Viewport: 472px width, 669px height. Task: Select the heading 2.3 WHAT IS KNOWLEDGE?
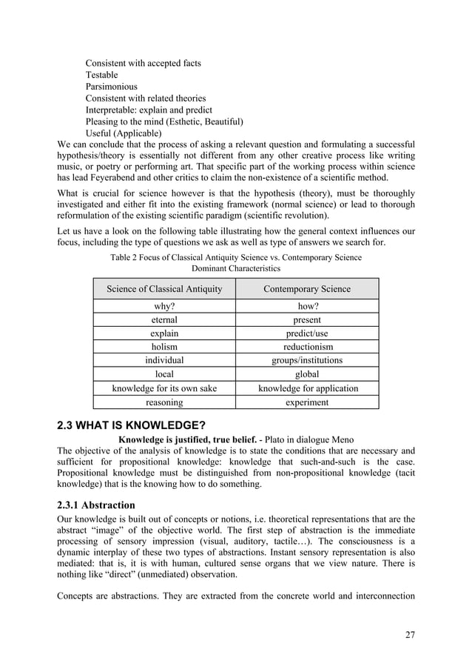pos(132,425)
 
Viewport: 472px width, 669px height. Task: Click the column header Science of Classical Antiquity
pos(164,289)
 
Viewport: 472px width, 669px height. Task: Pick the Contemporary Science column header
pos(307,289)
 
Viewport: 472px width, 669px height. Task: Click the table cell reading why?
pos(164,306)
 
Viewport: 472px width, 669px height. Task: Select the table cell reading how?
pos(307,306)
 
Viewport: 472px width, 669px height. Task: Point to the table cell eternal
pos(164,320)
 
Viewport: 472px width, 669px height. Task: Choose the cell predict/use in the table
pos(307,333)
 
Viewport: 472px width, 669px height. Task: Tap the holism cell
pos(164,347)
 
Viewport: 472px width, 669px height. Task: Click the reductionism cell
pos(307,347)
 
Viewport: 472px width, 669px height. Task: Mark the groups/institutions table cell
pos(307,361)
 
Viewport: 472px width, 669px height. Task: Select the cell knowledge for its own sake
pos(164,388)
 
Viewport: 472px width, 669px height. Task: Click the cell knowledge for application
pos(307,388)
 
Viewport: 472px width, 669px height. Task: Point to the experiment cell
pos(307,402)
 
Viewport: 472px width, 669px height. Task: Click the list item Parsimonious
pos(111,87)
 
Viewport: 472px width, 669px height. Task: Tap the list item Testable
pos(101,75)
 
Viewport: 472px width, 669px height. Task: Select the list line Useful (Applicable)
pos(124,133)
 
